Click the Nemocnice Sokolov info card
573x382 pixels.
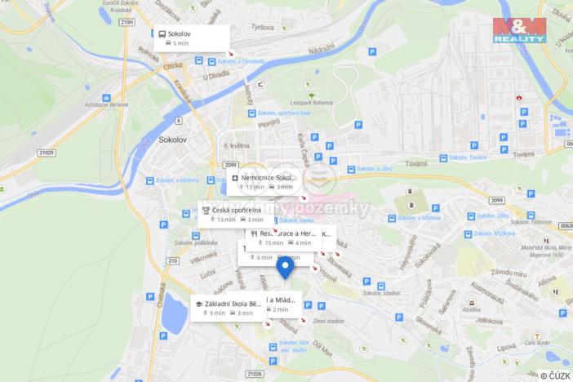pos(263,181)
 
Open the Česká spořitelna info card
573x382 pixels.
pos(233,214)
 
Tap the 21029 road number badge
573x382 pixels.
pos(45,152)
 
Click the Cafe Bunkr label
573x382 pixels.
pos(538,344)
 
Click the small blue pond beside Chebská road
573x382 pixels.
pos(173,313)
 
